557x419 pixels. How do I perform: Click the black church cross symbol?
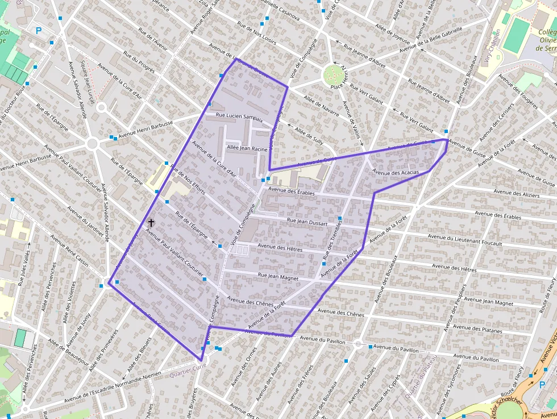click(x=151, y=223)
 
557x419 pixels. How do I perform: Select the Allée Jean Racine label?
click(x=247, y=148)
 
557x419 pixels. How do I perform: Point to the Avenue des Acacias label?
click(x=396, y=172)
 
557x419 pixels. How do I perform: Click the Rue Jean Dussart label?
click(x=307, y=222)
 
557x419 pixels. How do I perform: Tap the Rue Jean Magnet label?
click(x=278, y=276)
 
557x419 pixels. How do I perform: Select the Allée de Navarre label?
click(x=321, y=106)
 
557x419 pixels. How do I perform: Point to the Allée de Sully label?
click(x=309, y=135)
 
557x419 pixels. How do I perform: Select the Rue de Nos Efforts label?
click(x=188, y=182)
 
